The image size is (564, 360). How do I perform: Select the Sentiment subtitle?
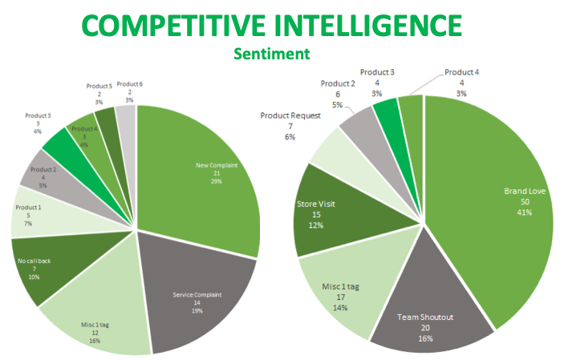(271, 55)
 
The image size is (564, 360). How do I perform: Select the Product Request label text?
(290, 116)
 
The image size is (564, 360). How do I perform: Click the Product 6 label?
(130, 83)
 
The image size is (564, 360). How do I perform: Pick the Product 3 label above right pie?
(377, 72)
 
